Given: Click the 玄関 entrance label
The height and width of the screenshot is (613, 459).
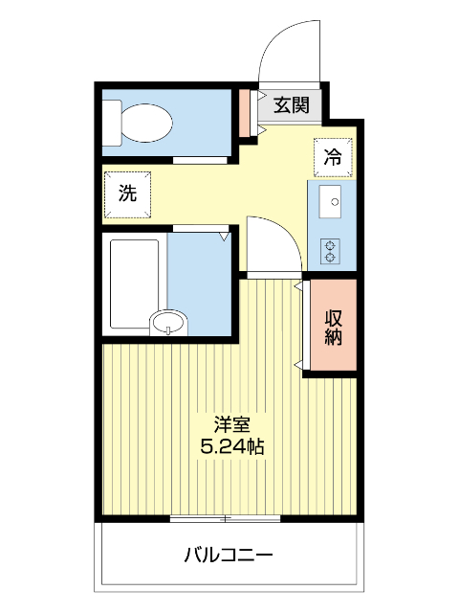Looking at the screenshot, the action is tap(291, 105).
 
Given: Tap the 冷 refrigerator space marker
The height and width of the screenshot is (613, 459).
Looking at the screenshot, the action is tap(333, 157).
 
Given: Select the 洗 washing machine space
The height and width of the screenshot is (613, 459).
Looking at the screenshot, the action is tap(127, 193).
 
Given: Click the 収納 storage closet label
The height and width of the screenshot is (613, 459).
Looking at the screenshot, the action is tap(334, 328).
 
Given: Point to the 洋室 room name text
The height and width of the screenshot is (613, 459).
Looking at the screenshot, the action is tap(231, 425).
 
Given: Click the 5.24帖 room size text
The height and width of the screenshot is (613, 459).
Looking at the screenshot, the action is tap(231, 446).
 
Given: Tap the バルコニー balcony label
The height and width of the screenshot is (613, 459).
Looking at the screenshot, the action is tap(229, 555).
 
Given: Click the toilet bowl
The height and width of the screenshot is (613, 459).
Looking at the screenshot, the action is tap(146, 123).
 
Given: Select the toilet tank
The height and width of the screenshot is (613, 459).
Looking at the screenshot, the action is tap(112, 123).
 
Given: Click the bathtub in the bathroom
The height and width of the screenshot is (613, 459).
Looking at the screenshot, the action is tap(135, 284).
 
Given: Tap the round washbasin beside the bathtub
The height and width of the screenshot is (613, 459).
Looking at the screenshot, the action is tap(168, 323).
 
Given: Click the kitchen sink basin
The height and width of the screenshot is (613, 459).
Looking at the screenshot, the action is tap(330, 201).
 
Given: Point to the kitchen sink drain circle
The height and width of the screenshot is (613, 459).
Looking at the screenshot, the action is tap(335, 202).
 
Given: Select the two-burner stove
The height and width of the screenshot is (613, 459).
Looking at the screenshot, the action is tap(330, 251).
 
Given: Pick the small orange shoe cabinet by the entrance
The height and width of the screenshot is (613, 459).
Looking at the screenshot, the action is tap(245, 113).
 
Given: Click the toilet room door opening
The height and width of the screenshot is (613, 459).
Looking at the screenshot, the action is tap(200, 160).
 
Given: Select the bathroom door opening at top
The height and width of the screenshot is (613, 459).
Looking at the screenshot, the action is tap(201, 228).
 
